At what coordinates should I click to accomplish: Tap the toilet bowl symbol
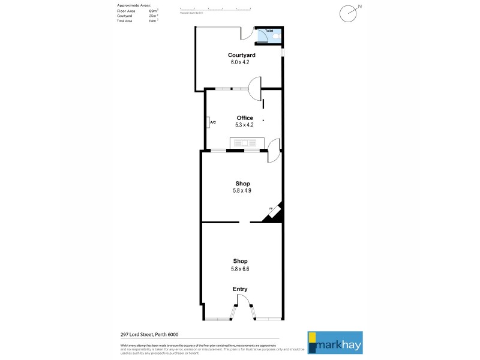click(x=275, y=37)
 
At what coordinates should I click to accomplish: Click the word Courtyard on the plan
click(x=241, y=55)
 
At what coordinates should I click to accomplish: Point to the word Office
click(x=245, y=118)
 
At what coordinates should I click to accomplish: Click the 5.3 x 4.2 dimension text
click(x=245, y=125)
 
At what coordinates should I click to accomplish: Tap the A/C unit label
click(x=212, y=122)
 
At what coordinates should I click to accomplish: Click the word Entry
click(x=240, y=289)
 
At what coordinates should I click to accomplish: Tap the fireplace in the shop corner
click(x=274, y=212)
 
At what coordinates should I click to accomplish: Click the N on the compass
click(x=359, y=7)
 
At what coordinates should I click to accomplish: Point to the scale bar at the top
click(x=215, y=9)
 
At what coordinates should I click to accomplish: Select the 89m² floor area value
click(x=153, y=11)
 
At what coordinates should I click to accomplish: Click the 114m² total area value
click(x=153, y=20)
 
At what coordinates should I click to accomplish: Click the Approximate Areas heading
click(x=134, y=5)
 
